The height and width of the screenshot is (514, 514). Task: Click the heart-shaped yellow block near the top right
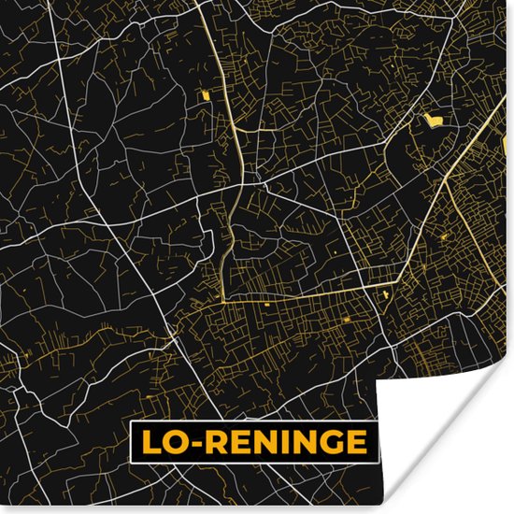pos(432,120)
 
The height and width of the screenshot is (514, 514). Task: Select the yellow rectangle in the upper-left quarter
pos(203,95)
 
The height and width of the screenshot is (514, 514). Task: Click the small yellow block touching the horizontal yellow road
pos(265,305)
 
